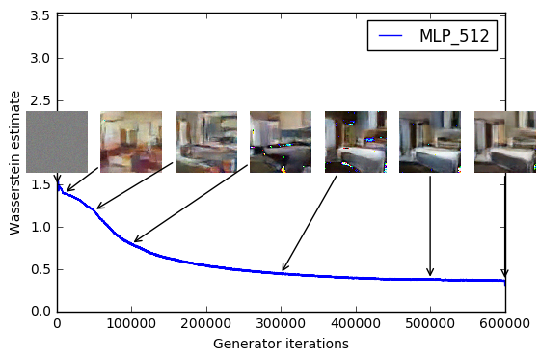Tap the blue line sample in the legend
click(x=391, y=36)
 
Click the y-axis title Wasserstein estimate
click(x=15, y=161)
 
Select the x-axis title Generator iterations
click(x=281, y=344)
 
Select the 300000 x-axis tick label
click(x=281, y=324)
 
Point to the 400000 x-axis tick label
click(x=356, y=324)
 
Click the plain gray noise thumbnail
click(x=57, y=141)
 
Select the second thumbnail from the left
click(x=131, y=141)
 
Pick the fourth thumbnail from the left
click(x=281, y=141)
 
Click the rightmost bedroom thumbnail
click(x=505, y=141)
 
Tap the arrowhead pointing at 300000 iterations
click(x=283, y=270)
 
